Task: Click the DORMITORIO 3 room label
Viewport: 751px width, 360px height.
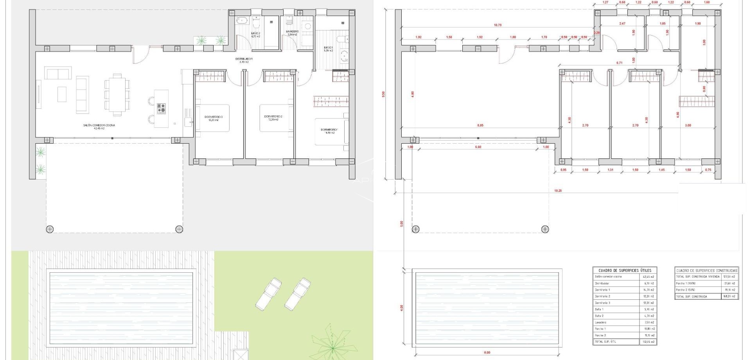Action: coord(214,117)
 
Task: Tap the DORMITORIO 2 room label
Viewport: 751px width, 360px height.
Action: coord(273,116)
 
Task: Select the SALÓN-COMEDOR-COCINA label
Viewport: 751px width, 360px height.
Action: coord(99,125)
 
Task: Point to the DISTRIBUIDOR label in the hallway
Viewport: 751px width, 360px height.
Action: coord(244,59)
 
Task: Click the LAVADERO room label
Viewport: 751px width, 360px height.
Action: coord(292,31)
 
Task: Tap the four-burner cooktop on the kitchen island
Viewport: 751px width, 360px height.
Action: coord(161,108)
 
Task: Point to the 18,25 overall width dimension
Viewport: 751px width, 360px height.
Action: coord(558,191)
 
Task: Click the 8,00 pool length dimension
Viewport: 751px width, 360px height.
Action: coord(487,353)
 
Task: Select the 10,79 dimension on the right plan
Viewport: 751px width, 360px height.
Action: coord(497,25)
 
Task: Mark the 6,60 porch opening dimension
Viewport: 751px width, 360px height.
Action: coord(478,147)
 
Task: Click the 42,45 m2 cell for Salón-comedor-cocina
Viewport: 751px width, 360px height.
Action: coord(648,277)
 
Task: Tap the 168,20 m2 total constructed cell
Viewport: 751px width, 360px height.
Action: coord(729,297)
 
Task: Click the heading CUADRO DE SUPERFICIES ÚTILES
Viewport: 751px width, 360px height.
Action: coord(625,270)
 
